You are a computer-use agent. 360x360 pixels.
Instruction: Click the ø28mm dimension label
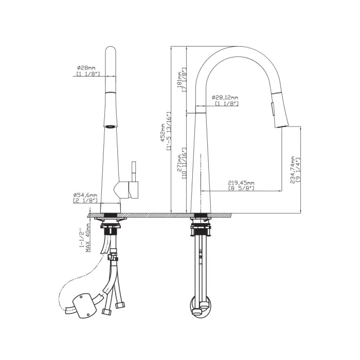click(x=86, y=68)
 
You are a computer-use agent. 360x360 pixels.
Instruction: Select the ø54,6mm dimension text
click(x=85, y=195)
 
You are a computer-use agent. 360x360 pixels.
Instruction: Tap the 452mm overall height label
click(x=163, y=133)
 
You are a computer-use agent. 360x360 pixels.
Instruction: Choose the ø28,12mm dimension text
click(x=225, y=98)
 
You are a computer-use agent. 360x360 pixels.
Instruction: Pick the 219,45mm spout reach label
click(x=241, y=183)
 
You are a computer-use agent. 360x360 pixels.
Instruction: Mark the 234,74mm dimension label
click(x=293, y=170)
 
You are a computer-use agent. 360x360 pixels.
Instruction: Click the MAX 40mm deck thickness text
click(x=88, y=238)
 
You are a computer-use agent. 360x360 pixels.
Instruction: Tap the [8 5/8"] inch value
click(x=241, y=188)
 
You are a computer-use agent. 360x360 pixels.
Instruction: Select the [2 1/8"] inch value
click(x=85, y=201)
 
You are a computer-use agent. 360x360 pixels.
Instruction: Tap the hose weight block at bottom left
click(x=84, y=305)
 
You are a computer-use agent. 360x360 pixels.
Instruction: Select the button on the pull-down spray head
click(x=273, y=110)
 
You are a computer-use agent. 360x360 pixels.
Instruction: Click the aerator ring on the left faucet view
click(x=111, y=126)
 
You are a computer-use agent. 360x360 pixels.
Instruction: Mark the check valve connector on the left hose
click(x=113, y=256)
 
